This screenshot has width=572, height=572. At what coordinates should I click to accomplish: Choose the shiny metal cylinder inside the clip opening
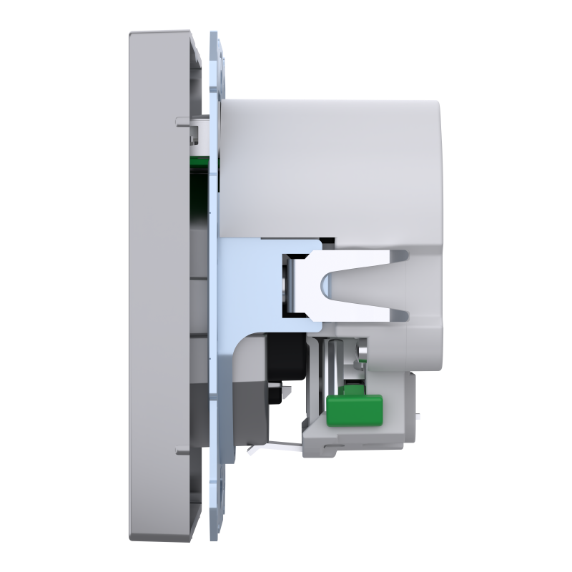[x=289, y=282]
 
